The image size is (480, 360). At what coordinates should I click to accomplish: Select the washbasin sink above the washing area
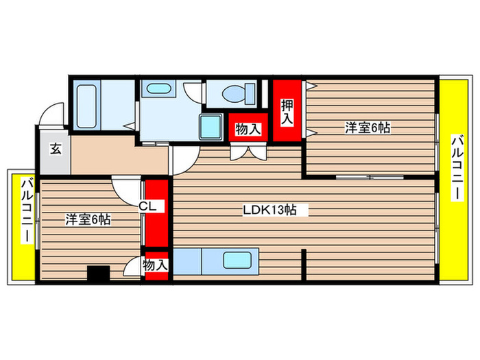[160, 89]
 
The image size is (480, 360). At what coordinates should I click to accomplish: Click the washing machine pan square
[212, 125]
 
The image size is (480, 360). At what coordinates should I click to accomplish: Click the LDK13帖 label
[269, 210]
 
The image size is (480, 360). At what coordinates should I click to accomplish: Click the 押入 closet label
[287, 112]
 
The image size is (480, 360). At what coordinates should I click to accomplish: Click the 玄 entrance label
[55, 148]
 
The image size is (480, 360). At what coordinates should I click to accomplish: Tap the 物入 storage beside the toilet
[248, 128]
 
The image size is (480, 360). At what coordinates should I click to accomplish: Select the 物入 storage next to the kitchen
[156, 265]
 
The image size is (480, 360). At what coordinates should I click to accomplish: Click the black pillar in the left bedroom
[99, 273]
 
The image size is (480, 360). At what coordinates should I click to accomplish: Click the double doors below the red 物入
[248, 152]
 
